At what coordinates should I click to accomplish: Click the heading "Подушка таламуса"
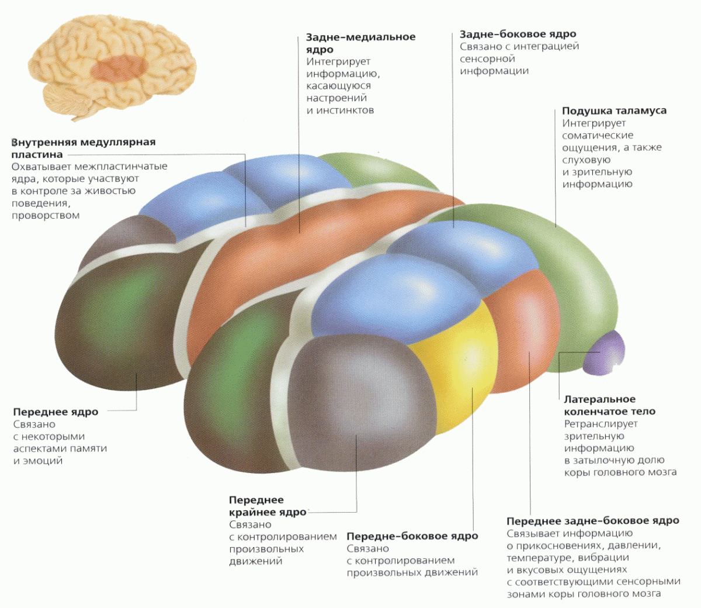click(614, 110)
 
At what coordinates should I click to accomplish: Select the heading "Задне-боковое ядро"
click(518, 34)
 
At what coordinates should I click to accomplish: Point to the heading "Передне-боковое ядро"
click(412, 536)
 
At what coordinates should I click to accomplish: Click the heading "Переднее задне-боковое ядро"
click(593, 521)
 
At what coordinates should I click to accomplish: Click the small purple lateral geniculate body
click(605, 354)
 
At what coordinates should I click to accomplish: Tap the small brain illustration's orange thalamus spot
click(118, 68)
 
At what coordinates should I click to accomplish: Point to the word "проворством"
click(46, 216)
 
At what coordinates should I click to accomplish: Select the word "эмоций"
click(43, 461)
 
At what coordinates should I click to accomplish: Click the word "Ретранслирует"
click(601, 424)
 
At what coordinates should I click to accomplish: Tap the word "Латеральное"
click(599, 399)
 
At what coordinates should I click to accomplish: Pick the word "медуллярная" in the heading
click(118, 142)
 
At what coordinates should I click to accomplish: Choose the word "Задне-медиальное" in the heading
click(361, 37)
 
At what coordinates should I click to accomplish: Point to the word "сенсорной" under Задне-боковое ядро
click(487, 59)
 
